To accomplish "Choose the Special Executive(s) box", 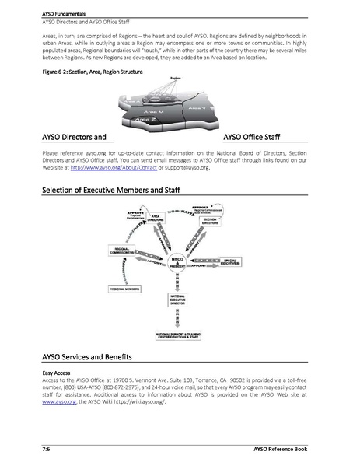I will (240, 262).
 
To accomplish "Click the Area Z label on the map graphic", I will (145, 119).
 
